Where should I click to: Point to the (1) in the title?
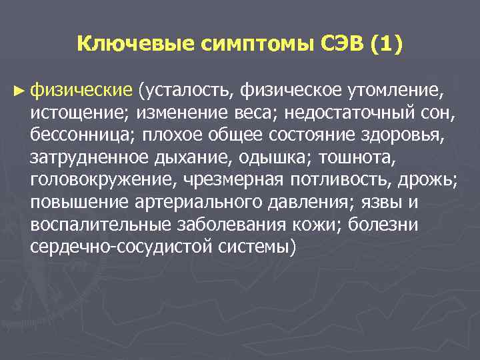[x=383, y=45]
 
